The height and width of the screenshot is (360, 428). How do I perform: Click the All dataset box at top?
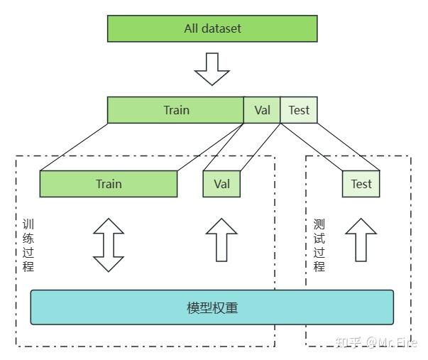click(212, 29)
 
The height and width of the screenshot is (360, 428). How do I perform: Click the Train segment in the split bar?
click(175, 110)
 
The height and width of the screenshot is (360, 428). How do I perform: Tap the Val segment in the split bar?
click(261, 110)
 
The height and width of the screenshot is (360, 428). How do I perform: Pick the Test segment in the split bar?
click(298, 110)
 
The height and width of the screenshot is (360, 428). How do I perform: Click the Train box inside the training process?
click(109, 184)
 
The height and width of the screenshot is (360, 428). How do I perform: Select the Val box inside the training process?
click(221, 184)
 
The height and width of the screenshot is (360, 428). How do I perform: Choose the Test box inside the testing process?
click(361, 184)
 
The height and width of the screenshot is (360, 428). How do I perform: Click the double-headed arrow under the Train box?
click(109, 245)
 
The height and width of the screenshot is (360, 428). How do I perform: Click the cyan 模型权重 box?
click(212, 307)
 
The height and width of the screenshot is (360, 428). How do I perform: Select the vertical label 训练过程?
click(28, 245)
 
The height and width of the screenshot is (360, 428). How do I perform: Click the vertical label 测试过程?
click(319, 245)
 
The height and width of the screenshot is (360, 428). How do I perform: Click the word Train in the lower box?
click(109, 184)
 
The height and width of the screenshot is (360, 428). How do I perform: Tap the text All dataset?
click(212, 29)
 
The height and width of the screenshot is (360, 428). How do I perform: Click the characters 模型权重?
click(212, 308)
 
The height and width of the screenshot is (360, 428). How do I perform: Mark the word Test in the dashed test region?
click(361, 184)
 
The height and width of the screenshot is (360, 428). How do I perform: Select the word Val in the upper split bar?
click(261, 110)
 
